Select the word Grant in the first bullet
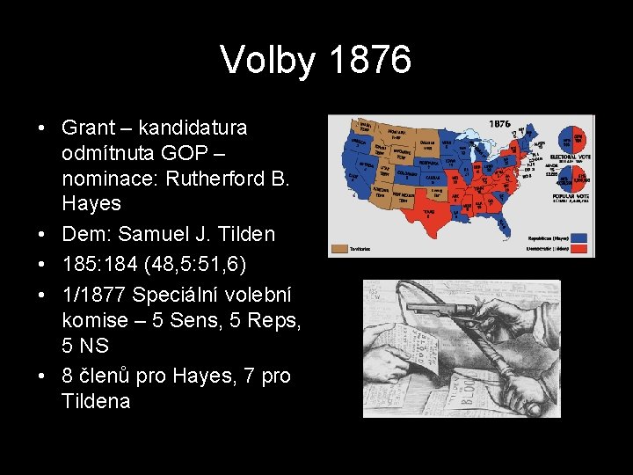(x=86, y=128)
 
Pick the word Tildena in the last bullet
(x=96, y=401)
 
